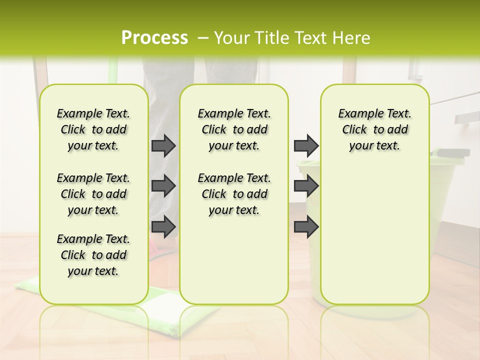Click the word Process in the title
[154, 38]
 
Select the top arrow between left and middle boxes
[163, 145]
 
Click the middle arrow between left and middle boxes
[163, 186]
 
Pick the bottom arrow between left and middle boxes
[163, 226]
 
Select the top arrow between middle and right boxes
[306, 145]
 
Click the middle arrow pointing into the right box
[306, 186]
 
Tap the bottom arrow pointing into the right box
[306, 226]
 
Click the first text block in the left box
[93, 129]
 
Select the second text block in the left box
[93, 194]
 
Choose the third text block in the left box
[93, 255]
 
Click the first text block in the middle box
[234, 129]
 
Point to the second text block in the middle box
[234, 194]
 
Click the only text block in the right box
[374, 129]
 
